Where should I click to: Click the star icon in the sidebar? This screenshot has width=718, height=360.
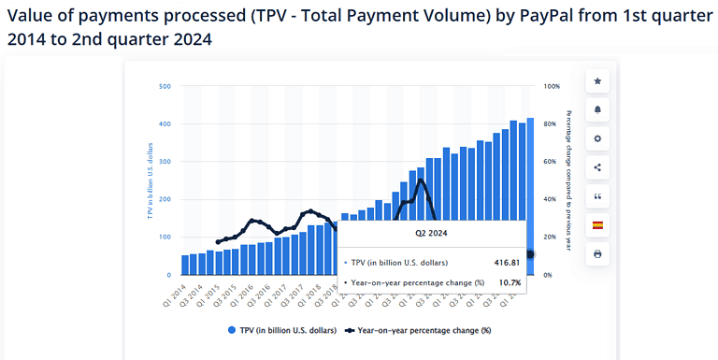pos(597,81)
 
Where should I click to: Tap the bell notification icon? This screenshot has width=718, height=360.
pos(597,109)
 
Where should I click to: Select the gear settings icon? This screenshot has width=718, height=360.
pos(597,138)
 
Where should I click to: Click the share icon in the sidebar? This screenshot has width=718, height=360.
pos(597,167)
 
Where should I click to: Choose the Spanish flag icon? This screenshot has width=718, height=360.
pos(597,225)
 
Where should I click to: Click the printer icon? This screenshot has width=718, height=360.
pos(597,254)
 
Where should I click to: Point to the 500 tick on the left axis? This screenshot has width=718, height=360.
pos(165,86)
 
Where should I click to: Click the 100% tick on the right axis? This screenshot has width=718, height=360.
pos(552,86)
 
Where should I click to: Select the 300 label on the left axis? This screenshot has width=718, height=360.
pos(165,162)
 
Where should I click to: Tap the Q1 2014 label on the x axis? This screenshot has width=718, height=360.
pos(175,292)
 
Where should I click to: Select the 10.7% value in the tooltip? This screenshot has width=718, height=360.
pos(509,281)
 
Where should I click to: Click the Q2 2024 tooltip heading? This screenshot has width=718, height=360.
pos(431,236)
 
